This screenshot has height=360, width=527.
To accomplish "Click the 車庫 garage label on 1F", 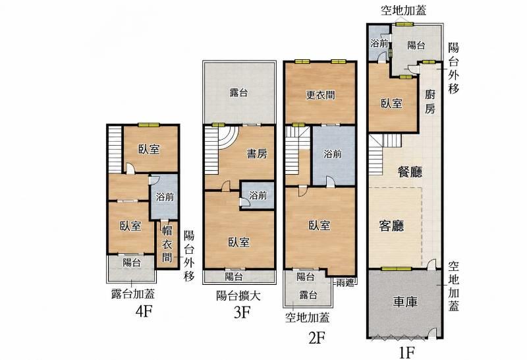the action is (405, 302).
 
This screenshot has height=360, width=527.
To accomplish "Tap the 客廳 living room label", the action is (391, 225).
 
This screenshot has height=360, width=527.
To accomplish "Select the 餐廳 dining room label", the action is (410, 172).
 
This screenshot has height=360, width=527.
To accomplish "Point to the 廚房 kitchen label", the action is (430, 102).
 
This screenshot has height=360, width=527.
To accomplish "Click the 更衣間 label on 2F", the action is (320, 95).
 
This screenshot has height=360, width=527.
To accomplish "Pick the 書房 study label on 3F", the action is (257, 154).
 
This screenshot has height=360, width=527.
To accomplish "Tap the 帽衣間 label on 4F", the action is (167, 244).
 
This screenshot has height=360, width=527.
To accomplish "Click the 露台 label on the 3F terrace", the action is (238, 93).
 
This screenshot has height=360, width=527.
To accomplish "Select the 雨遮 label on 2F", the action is (345, 283).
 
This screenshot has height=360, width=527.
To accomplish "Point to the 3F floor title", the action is (242, 313).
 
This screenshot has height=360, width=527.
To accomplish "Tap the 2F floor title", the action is (317, 338).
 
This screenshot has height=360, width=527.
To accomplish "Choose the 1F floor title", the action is (406, 353).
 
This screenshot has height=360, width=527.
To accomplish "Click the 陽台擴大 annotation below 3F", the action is (238, 296).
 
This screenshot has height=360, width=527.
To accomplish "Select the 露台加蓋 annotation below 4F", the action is (133, 293).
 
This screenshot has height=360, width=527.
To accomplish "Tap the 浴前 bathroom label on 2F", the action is (333, 154).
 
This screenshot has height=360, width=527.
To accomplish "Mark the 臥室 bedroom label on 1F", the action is (391, 104).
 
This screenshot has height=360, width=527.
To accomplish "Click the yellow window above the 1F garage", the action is (397, 269).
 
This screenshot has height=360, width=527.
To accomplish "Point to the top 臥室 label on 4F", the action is (150, 149).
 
